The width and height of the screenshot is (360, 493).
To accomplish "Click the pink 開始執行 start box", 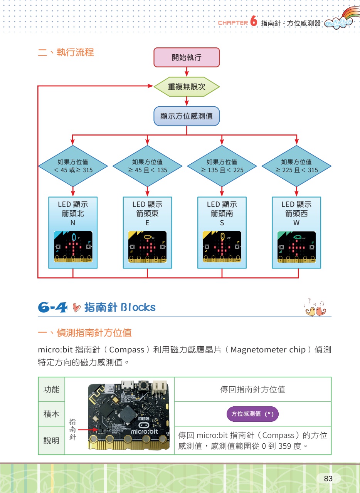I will (x=187, y=58).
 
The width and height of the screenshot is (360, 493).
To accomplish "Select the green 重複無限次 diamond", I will (x=187, y=87).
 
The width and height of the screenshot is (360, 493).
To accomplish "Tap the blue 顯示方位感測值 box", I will (x=187, y=116).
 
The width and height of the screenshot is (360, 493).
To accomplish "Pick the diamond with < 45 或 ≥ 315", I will (x=73, y=166).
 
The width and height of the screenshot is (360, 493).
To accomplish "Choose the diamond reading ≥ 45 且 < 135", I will (x=147, y=166).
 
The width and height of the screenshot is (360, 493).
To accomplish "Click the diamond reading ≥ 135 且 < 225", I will (x=222, y=166).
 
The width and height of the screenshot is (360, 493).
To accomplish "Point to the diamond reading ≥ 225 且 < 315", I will (x=296, y=166).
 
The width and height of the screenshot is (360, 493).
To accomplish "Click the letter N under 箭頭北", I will (x=73, y=223).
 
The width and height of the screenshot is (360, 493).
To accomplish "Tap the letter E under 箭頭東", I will (x=147, y=223).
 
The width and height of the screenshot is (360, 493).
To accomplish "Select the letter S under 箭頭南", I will (x=222, y=223).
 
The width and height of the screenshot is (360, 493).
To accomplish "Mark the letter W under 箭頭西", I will (x=296, y=223).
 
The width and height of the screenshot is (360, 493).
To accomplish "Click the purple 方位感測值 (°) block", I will (x=252, y=414).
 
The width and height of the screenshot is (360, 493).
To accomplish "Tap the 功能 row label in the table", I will (x=51, y=389).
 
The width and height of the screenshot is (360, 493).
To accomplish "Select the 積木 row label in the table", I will (x=51, y=414).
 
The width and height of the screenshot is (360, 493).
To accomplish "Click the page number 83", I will (x=328, y=479).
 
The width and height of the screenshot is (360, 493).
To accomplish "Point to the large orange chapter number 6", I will (x=253, y=22).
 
